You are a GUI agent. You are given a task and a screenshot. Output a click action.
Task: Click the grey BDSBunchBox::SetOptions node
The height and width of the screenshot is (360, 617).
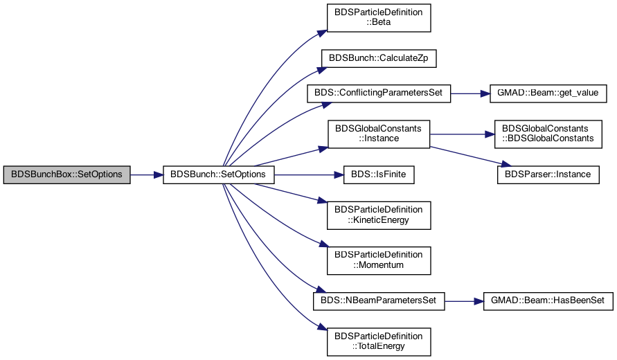[67, 174]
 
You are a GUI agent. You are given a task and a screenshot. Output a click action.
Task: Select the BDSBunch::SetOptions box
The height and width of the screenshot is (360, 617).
[218, 174]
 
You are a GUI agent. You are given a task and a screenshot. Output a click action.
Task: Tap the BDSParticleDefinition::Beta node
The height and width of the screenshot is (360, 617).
[379, 18]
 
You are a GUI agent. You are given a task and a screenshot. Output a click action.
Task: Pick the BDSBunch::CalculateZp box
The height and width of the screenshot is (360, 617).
[379, 58]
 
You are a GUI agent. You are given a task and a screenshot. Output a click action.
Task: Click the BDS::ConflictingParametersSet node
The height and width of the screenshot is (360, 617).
[379, 93]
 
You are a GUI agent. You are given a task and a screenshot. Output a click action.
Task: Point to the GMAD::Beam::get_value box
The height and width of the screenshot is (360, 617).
[548, 93]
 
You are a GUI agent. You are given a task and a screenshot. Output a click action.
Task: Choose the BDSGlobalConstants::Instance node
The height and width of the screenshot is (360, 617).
[379, 134]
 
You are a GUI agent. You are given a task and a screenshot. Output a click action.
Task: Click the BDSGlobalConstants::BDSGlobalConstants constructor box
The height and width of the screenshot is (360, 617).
[548, 134]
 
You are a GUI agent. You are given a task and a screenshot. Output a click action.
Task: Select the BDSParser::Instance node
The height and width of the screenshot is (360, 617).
[548, 174]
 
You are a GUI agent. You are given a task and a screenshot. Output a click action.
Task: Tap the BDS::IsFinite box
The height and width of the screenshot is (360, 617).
[379, 174]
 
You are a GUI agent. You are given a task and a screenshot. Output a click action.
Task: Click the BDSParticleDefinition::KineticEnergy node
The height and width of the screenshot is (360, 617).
[379, 215]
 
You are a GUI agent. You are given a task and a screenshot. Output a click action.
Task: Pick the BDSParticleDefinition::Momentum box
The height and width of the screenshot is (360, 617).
[379, 260]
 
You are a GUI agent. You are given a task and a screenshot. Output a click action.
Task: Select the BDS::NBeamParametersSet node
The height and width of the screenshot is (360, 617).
[379, 301]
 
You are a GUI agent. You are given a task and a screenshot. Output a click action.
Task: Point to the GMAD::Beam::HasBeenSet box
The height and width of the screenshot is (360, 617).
[548, 301]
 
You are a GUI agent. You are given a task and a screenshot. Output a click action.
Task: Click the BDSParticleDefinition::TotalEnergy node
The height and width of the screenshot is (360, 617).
[379, 342]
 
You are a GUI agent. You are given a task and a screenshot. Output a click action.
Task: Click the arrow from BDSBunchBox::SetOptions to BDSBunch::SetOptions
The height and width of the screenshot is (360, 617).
[147, 174]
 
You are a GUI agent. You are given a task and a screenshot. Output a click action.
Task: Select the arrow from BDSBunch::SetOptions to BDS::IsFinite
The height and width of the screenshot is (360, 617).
[309, 174]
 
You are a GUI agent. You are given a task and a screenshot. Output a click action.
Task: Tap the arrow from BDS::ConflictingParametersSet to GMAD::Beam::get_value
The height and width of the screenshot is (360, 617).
[470, 93]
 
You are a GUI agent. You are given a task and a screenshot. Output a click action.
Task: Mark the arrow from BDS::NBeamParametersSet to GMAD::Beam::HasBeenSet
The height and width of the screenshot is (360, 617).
[465, 301]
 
